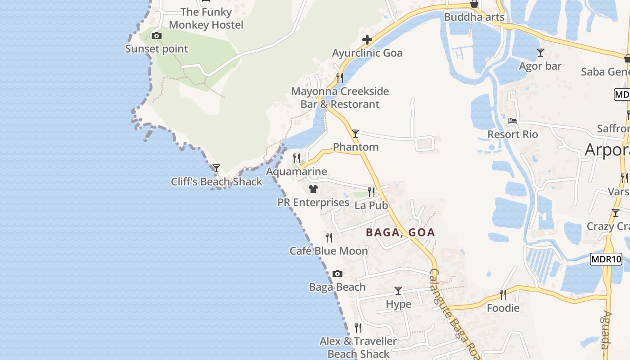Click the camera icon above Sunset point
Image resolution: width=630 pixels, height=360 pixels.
coord(157,36)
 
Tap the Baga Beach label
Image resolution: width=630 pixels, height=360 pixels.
coord(337,287)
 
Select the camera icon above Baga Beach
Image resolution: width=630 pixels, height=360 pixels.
coord(337,274)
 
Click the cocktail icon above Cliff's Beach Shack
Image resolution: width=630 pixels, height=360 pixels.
coord(216,168)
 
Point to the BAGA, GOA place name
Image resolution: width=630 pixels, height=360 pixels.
coord(400,233)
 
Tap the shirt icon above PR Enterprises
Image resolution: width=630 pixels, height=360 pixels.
coord(313,189)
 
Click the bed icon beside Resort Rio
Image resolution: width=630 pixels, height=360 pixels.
coord(513,121)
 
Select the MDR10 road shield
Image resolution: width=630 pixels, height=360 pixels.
coord(606,259)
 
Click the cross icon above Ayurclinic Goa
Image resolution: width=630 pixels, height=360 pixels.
coord(367,40)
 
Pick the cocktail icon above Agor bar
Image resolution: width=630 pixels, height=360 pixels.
coord(540,53)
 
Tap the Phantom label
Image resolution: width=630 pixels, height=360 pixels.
coord(355,147)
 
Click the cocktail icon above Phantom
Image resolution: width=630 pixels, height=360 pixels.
coord(355,134)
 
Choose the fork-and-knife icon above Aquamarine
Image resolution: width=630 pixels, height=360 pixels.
coord(297,158)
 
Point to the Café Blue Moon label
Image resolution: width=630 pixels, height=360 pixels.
coord(329,251)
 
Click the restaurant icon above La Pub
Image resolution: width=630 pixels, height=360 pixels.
coord(371,192)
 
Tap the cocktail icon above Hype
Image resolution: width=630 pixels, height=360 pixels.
coord(398,291)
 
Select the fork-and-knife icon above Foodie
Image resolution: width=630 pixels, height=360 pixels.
coord(503,295)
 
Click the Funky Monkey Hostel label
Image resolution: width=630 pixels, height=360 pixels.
coord(206,18)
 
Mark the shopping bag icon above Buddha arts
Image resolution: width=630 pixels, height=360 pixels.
coord(474,4)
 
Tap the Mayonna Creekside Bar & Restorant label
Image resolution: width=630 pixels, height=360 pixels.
coord(340,98)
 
